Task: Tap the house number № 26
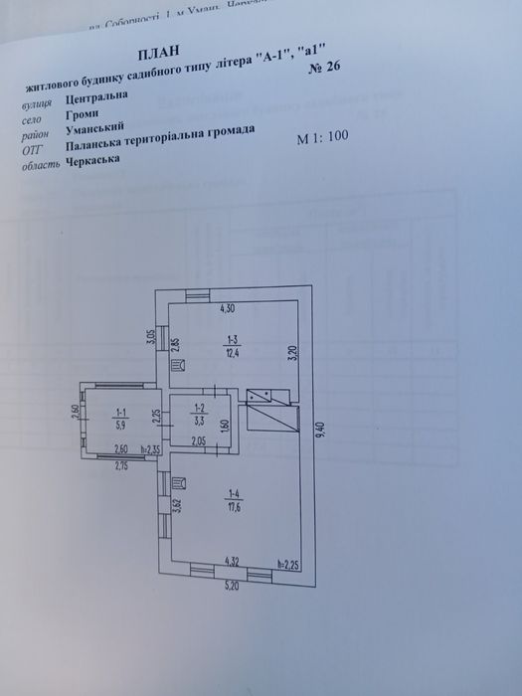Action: (327, 68)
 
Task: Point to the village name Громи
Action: (83, 117)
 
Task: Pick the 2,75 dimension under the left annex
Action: (122, 464)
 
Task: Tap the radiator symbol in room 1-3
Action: (176, 368)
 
